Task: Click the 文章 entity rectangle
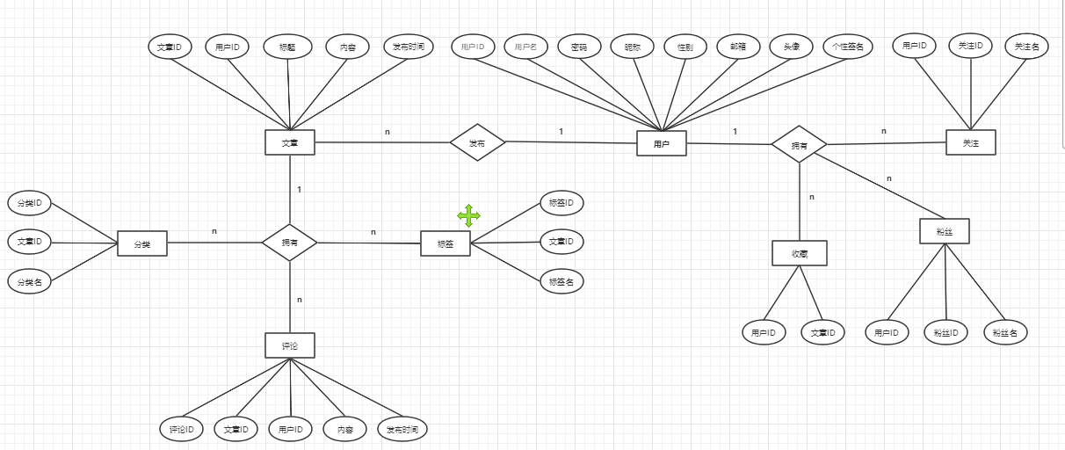(290, 142)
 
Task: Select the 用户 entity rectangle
(661, 143)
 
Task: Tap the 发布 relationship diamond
(477, 142)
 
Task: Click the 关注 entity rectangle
(970, 142)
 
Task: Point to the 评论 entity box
(290, 345)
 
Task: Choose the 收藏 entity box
(799, 253)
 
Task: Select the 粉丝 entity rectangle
(945, 231)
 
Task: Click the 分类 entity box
(141, 243)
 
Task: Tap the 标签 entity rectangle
(445, 243)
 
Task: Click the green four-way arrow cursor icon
(468, 215)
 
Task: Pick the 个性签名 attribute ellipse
(847, 47)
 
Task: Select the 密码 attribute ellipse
(579, 47)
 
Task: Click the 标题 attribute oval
(286, 47)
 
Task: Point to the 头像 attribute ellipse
(791, 47)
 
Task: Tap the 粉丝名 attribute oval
(1005, 332)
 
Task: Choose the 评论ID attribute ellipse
(182, 429)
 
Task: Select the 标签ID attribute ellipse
(561, 203)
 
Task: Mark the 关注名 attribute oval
(1026, 46)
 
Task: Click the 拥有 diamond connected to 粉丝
(799, 144)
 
